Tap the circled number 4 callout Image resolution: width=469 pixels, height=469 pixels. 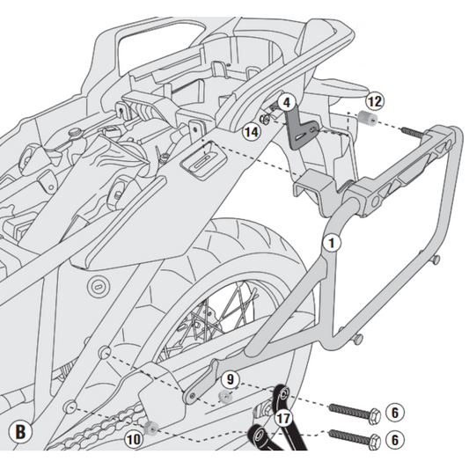285,103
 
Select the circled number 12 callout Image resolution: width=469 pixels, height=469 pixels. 374,100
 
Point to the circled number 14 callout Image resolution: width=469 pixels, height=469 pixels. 252,131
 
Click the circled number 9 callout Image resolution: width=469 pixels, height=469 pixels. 231,380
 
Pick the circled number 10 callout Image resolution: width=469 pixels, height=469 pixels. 134,437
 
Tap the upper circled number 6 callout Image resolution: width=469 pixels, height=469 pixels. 395,412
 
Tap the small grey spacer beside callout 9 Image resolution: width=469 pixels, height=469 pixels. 224,397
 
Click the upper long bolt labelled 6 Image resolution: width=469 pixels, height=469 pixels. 352,410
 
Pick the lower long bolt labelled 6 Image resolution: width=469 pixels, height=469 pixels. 352,436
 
